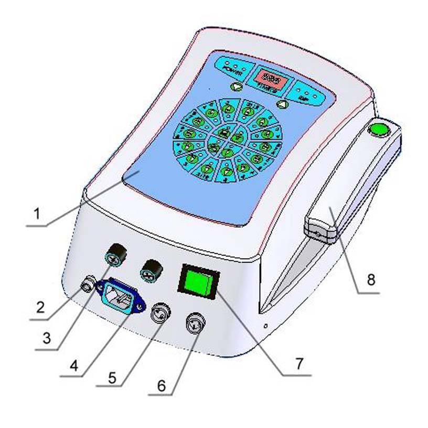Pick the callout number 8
click(x=371, y=280)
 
